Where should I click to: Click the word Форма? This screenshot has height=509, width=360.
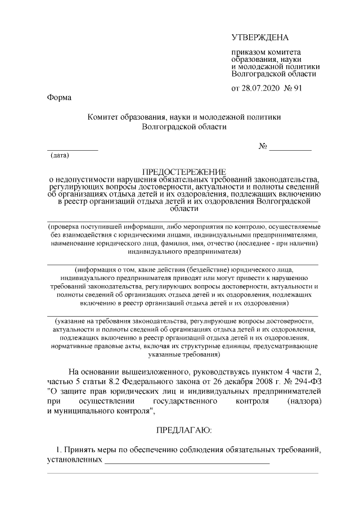click(58, 98)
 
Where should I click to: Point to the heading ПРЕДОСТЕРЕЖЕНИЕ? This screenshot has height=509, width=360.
click(183, 171)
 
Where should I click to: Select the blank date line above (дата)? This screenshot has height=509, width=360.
click(72, 149)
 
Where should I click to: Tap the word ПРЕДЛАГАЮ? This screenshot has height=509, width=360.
click(183, 430)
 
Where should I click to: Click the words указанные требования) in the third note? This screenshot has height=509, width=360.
click(183, 355)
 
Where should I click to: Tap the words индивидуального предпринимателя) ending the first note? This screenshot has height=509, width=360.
click(183, 253)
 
